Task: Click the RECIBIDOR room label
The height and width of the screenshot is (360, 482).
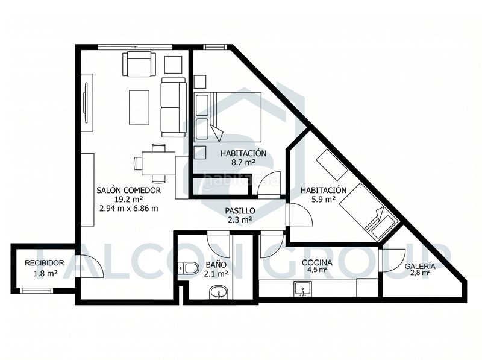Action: point(44,263)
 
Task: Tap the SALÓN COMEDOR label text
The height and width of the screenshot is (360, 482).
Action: point(128,190)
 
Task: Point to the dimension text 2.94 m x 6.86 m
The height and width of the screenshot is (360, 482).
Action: point(129,208)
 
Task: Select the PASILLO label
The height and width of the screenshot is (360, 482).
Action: point(240,211)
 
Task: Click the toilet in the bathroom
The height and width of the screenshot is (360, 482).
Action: point(188,267)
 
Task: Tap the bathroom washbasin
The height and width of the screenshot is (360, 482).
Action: point(219,292)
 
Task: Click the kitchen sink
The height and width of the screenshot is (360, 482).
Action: point(303,289)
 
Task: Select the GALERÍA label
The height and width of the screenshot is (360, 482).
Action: point(420,266)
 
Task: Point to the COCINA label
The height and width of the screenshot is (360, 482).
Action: point(317,262)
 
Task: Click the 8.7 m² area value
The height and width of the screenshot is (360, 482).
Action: point(243,162)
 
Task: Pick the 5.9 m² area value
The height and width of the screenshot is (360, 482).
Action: point(324,199)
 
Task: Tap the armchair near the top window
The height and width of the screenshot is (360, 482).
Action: point(140,64)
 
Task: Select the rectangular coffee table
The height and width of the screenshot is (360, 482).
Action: point(139,107)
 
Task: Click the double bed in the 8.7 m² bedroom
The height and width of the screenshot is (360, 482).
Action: point(228,117)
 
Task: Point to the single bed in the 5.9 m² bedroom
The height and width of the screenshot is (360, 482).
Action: point(369,212)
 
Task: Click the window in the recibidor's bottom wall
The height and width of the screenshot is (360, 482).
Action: point(36,290)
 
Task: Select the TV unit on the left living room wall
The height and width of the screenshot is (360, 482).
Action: point(87,103)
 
